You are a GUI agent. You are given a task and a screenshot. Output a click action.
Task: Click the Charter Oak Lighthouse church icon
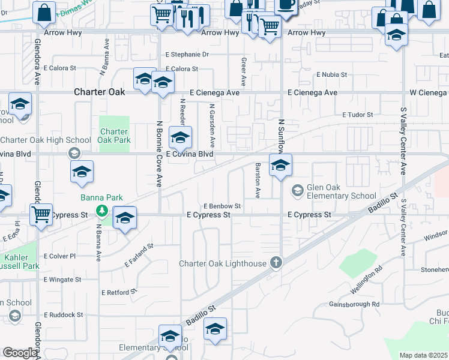pos(276,262)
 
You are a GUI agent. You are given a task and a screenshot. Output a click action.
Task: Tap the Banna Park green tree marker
pos(103,211)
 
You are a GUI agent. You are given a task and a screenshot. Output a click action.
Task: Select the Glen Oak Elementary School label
pos(342,191)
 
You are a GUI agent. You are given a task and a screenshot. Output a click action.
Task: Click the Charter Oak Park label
pos(114,136)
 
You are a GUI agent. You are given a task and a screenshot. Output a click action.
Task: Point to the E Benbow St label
pos(221,206)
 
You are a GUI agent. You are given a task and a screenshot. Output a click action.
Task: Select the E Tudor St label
pos(358,114)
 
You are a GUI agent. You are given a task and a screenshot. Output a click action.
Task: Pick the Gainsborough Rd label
pos(354,304)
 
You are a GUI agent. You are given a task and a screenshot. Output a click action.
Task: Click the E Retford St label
pos(119,292)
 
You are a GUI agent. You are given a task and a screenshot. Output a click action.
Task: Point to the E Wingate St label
pos(62,279)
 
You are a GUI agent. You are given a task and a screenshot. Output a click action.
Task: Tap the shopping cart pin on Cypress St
pos(41,214)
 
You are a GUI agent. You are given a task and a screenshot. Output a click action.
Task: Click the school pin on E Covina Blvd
pos(180,138)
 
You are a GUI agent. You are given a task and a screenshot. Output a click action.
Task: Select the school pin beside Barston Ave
pos(280,165)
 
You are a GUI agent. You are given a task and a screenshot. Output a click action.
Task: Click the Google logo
pos(19,353)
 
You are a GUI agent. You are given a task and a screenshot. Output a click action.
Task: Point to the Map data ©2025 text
pos(423,355)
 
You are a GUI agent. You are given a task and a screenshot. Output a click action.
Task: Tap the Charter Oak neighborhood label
pos(100,92)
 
